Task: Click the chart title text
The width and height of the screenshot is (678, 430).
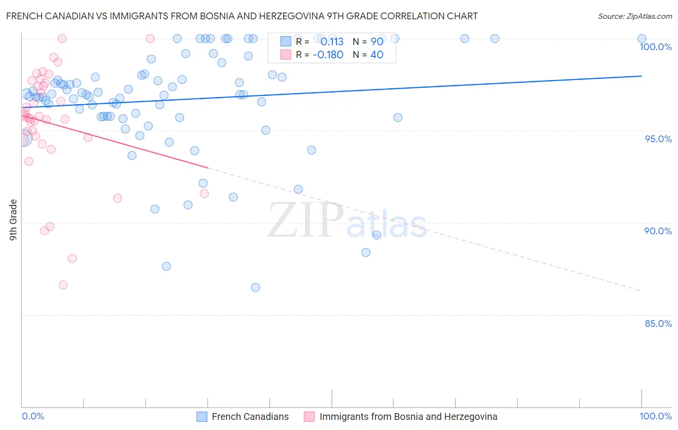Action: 242,16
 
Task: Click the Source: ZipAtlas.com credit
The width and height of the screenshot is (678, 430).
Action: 635,16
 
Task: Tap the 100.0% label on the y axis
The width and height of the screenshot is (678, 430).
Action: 655,47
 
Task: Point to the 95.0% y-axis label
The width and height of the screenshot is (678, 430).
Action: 658,139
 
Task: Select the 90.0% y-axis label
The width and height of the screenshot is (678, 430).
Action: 658,231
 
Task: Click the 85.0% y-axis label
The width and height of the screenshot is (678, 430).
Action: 658,323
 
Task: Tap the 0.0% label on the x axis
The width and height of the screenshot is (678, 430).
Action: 33,417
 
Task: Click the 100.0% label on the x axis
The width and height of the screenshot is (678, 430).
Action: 655,417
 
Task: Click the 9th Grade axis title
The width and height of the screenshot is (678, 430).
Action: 14,220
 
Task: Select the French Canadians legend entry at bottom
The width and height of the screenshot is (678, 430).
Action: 250,417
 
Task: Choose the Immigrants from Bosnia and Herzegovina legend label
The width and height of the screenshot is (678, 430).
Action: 408,417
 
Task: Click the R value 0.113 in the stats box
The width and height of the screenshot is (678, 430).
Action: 332,42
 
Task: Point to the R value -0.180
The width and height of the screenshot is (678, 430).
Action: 328,55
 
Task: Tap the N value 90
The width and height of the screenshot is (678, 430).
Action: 377,42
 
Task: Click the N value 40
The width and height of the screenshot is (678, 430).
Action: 377,55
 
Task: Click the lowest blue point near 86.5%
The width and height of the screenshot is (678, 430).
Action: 256,287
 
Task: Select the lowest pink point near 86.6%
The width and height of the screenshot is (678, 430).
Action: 63,285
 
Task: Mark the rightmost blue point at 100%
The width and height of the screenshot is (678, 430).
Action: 642,39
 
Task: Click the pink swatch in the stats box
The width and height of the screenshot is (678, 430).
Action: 286,54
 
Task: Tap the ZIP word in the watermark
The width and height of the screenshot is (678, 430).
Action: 305,221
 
